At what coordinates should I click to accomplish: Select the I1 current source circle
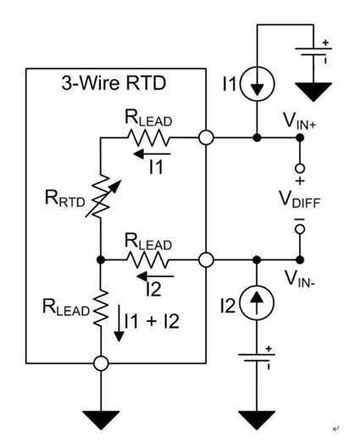256,85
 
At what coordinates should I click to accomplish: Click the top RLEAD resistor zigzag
149,136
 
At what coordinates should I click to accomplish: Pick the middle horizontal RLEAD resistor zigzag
149,258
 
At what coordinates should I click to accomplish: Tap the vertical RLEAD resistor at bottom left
100,309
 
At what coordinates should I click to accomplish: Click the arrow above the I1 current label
151,153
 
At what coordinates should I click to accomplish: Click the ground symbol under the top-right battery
318,90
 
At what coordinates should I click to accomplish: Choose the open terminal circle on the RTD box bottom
100,364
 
